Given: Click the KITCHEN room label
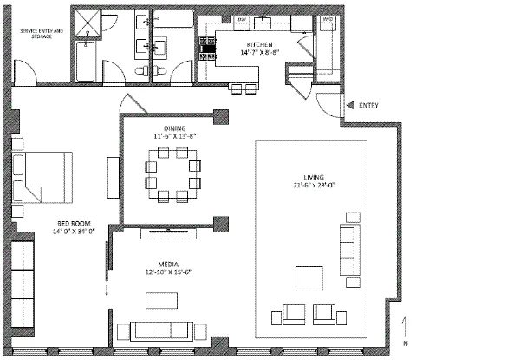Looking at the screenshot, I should [x=260, y=43].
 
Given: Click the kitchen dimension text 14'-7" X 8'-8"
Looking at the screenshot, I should [x=260, y=52].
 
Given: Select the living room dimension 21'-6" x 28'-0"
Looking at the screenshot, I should [x=306, y=184].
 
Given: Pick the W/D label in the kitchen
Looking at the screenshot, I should [x=328, y=18].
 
